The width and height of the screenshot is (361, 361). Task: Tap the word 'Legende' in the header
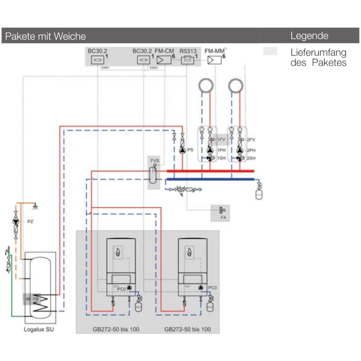(x=309, y=36)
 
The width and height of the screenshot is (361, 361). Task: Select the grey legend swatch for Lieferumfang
(x=270, y=51)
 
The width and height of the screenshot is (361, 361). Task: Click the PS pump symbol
(x=182, y=149)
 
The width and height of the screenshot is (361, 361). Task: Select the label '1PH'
(x=221, y=150)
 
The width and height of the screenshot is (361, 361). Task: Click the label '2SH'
(x=252, y=158)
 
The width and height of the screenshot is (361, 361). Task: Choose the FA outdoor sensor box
(x=220, y=213)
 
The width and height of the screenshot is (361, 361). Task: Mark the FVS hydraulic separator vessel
(x=153, y=175)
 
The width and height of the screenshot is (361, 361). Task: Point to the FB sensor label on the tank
(x=35, y=299)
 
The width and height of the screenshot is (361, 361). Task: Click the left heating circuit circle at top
(x=206, y=86)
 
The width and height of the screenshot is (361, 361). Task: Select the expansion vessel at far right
(x=259, y=194)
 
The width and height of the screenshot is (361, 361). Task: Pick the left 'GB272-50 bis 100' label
(x=116, y=329)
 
